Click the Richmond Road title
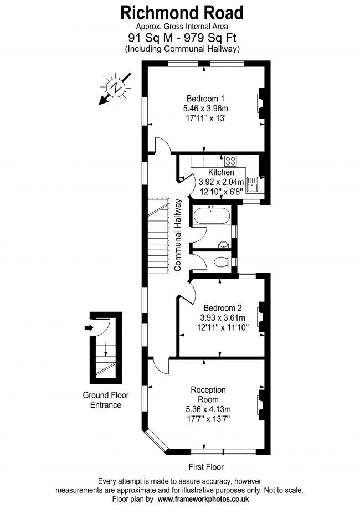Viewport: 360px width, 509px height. (182, 13)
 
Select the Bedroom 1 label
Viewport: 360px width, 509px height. (205, 99)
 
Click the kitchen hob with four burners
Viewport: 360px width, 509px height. (230, 161)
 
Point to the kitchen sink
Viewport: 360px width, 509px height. (252, 184)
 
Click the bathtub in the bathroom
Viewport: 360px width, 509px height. (212, 215)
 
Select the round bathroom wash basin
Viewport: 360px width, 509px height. (224, 244)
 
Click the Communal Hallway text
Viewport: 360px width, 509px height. (178, 235)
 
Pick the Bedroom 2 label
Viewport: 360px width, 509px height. (223, 307)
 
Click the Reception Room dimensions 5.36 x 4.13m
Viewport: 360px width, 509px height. (208, 409)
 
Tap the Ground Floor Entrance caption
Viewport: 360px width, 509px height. (105, 400)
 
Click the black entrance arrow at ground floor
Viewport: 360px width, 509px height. (89, 327)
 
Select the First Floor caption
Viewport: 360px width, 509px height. (206, 467)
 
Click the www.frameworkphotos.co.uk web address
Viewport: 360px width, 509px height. (203, 499)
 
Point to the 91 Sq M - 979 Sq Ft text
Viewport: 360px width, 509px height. (182, 38)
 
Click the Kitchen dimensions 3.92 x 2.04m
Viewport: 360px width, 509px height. (221, 182)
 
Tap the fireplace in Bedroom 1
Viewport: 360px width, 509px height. (261, 103)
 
